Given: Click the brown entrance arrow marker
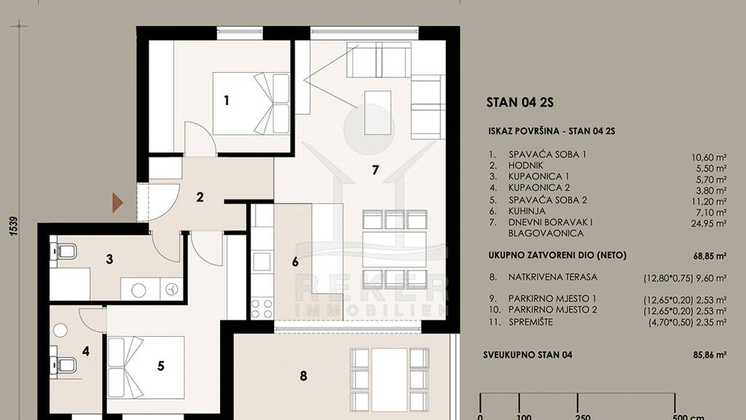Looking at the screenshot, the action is click(117, 203).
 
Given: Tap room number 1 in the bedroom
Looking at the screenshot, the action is click(227, 101).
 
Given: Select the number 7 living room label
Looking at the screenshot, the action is click(375, 170).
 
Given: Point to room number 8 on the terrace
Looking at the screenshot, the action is click(304, 376).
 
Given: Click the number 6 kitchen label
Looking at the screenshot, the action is click(295, 262).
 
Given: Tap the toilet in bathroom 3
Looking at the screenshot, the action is click(63, 251).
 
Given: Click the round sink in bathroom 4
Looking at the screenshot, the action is click(60, 330).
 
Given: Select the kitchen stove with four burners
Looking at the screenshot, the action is click(262, 308).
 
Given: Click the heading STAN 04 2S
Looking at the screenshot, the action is click(520, 102).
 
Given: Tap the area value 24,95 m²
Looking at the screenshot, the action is click(709, 223).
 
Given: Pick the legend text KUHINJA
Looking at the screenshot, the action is click(527, 211).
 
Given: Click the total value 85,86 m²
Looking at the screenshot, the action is click(709, 355).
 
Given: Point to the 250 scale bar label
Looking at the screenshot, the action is click(583, 417).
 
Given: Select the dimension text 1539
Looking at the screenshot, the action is click(14, 226).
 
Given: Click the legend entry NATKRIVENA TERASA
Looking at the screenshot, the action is click(553, 276).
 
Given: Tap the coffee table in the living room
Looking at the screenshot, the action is click(378, 113).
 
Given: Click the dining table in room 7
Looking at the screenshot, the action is click(394, 249).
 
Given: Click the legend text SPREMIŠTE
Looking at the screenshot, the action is click(530, 322).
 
